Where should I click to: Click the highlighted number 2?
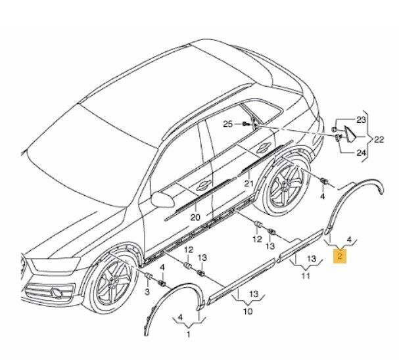click(340, 256)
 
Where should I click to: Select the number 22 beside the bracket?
click(379, 139)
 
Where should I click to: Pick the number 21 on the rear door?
click(248, 183)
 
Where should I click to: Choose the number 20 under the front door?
click(195, 217)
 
